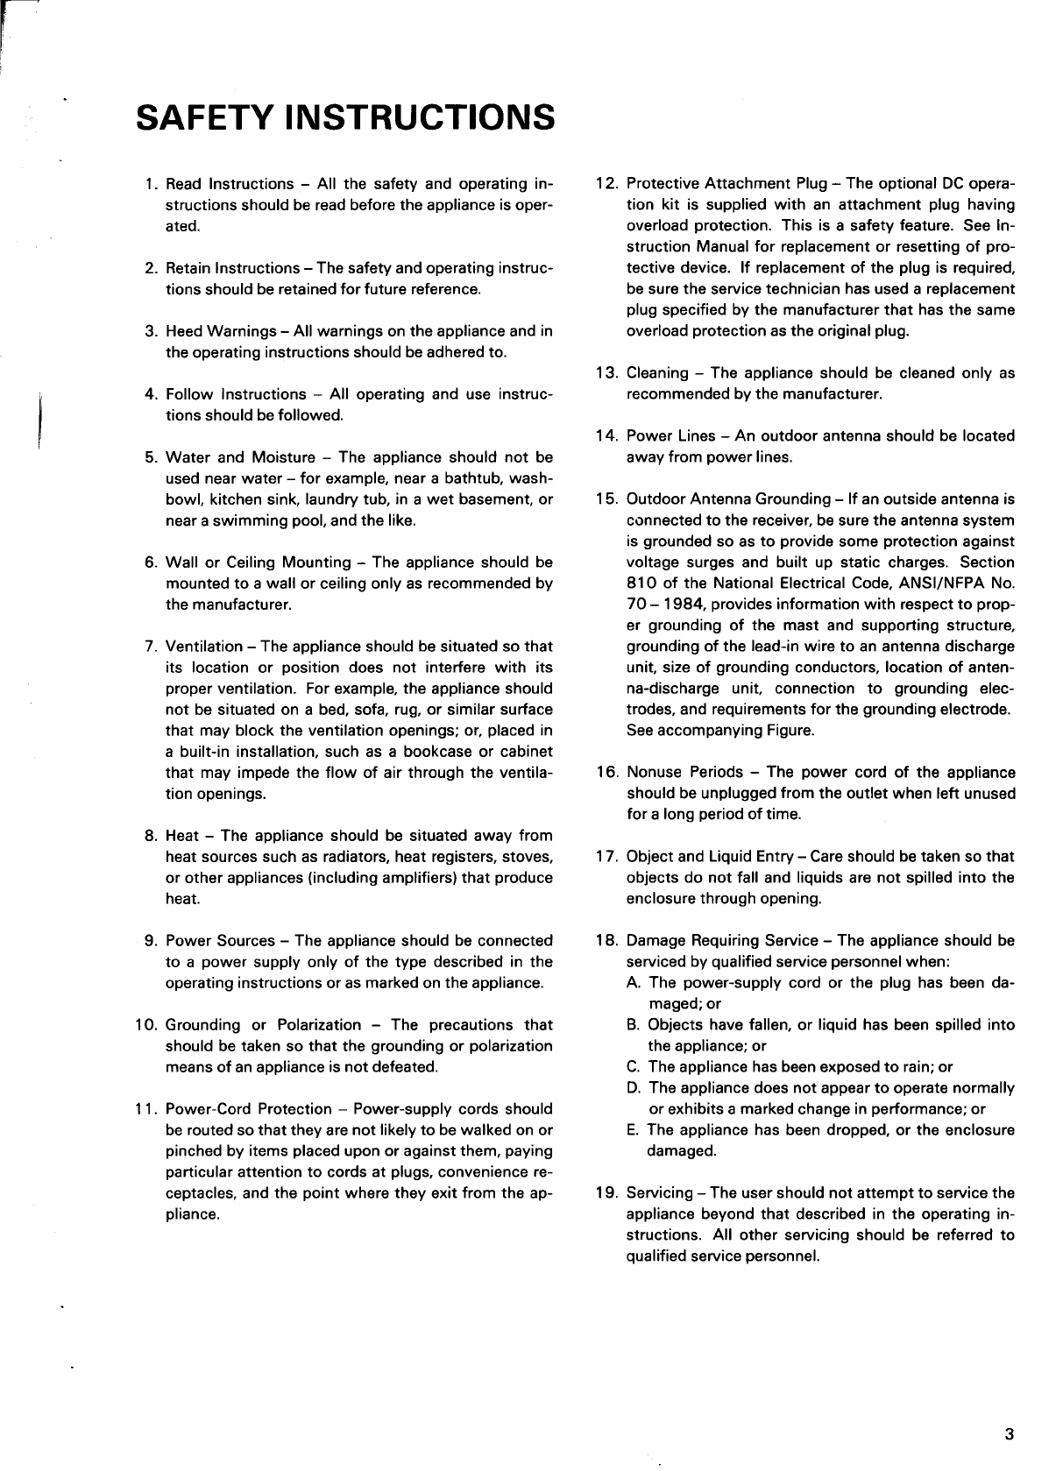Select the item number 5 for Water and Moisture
pyautogui.click(x=150, y=457)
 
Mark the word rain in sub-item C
pyautogui.click(x=913, y=1067)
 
